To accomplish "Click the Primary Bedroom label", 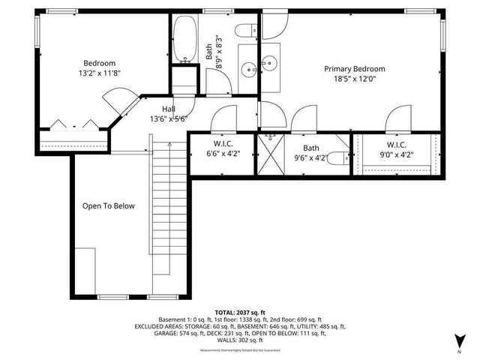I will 354,69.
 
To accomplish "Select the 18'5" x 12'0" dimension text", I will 354,78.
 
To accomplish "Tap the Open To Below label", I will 109,205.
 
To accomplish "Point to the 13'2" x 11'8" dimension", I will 99,73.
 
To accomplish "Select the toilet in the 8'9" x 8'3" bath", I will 244,31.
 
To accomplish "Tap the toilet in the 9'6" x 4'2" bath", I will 340,157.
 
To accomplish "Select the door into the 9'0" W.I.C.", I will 396,120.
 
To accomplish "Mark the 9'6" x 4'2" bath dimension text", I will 311,157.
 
